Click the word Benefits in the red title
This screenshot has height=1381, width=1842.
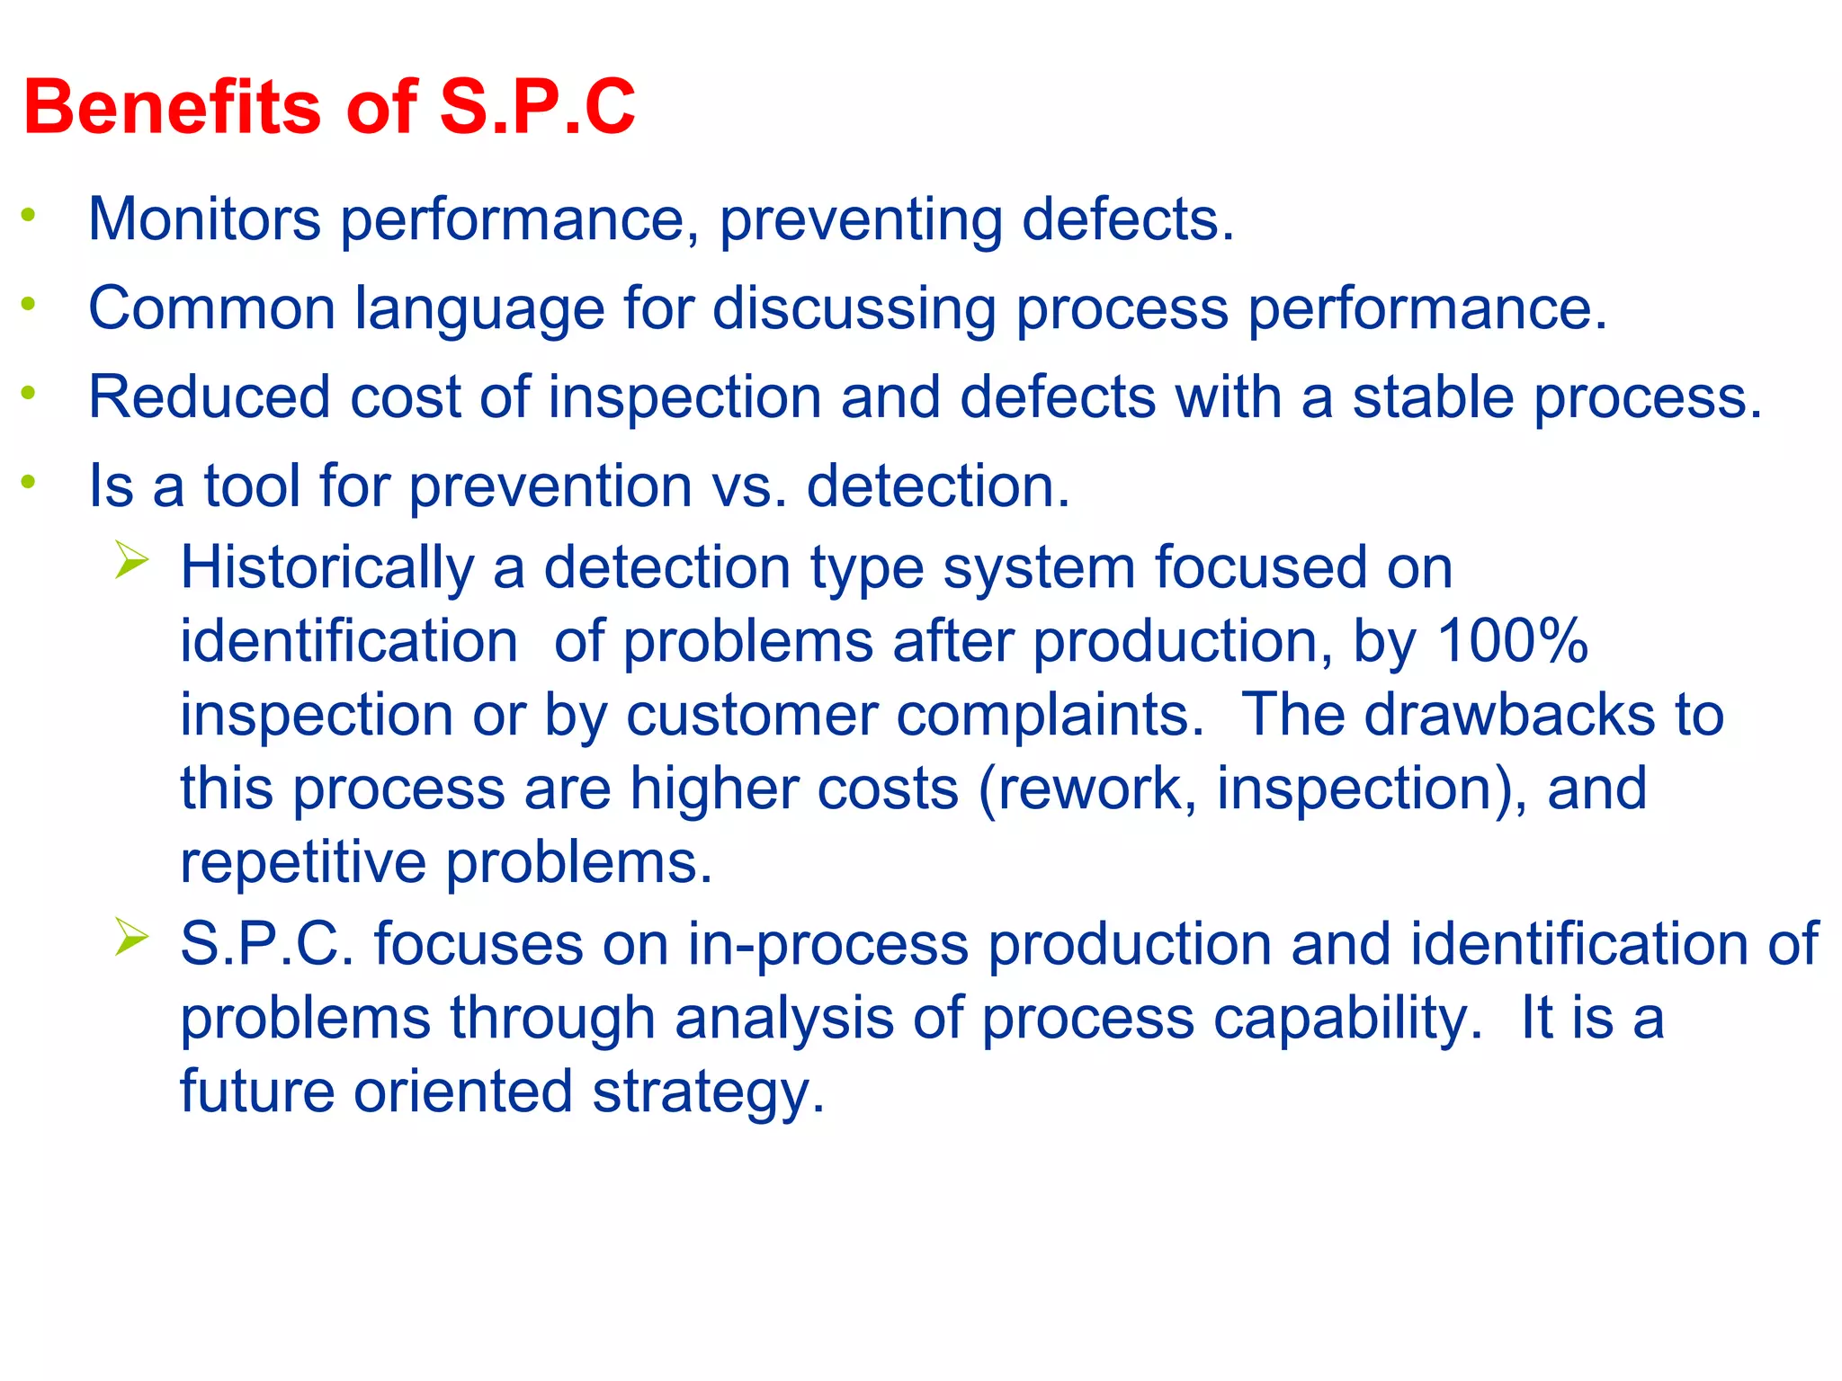tap(171, 107)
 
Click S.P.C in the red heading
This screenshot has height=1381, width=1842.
tap(537, 107)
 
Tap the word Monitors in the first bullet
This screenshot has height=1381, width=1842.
tap(204, 219)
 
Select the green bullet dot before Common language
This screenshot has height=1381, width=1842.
tap(29, 304)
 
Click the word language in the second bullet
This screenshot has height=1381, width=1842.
tap(479, 309)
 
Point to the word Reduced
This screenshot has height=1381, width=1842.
tap(210, 397)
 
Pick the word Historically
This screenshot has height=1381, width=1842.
tap(326, 569)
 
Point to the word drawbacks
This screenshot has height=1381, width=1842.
tap(1510, 716)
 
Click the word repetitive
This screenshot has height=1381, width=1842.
tap(303, 863)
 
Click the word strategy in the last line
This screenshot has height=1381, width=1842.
tap(708, 1093)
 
